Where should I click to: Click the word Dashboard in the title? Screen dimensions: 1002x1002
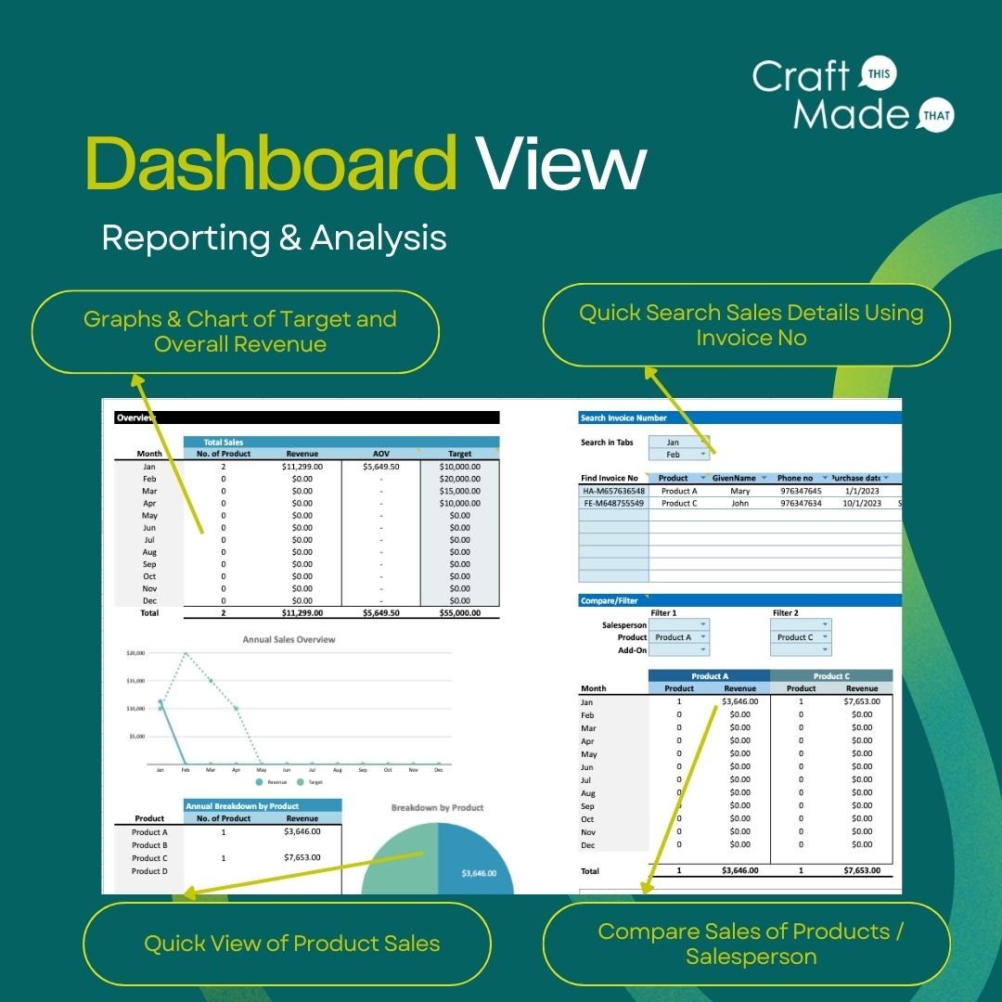(x=270, y=163)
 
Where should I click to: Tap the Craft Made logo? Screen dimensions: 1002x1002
(x=852, y=94)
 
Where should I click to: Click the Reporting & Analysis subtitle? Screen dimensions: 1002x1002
(x=274, y=238)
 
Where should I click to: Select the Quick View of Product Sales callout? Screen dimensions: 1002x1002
(x=291, y=944)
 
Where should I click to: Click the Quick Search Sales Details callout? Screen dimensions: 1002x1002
(x=751, y=325)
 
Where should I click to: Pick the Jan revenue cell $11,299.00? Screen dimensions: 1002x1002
(x=302, y=467)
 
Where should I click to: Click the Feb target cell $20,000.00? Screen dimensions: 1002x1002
(x=459, y=479)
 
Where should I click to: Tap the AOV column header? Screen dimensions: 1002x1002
(x=380, y=454)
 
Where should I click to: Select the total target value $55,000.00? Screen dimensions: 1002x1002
(x=459, y=612)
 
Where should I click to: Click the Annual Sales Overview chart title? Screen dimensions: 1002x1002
(x=289, y=639)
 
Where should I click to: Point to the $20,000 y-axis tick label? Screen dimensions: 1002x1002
(x=135, y=653)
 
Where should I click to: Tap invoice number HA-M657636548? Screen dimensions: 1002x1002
(x=613, y=491)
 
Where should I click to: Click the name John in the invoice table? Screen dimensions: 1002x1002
(x=739, y=503)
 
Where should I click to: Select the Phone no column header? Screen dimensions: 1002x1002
(x=795, y=478)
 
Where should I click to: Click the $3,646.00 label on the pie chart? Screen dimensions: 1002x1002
(x=478, y=873)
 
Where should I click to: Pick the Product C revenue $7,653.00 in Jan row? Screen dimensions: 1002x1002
(x=862, y=701)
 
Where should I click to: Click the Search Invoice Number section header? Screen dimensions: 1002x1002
(x=623, y=417)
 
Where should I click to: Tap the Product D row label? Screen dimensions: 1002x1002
(x=149, y=870)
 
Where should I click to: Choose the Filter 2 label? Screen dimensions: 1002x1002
(x=785, y=612)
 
